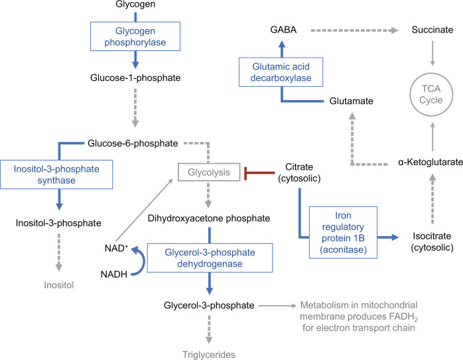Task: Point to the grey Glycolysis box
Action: coord(209,172)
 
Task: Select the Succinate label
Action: coord(431,30)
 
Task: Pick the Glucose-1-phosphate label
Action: coord(136,78)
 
